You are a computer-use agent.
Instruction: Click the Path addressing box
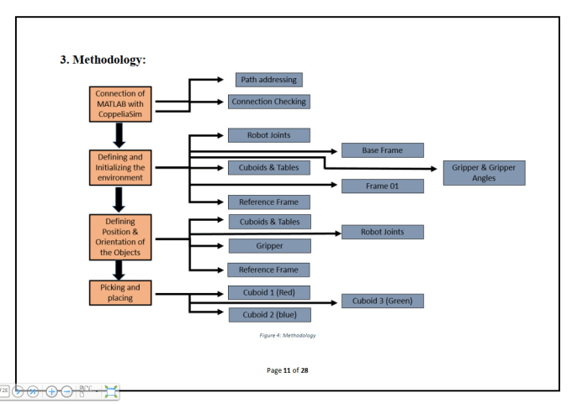[x=268, y=80]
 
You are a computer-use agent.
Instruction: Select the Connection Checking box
[x=268, y=102]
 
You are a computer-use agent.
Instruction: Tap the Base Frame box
[x=382, y=150]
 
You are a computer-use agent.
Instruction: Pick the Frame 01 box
[x=382, y=186]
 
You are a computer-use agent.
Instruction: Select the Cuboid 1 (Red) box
[x=268, y=292]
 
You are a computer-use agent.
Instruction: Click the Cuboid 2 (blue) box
[x=268, y=314]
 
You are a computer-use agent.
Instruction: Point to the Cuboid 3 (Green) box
[x=382, y=301]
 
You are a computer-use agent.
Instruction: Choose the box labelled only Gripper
[x=268, y=246]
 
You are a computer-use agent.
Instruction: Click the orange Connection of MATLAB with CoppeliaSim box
[x=119, y=104]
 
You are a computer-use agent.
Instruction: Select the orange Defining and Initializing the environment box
[x=119, y=166]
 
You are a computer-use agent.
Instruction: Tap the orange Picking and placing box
[x=119, y=292]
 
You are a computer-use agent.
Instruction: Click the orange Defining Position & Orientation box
[x=119, y=236]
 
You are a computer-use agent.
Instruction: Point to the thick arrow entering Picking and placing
[x=119, y=270]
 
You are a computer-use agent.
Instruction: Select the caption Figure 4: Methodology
[x=287, y=335]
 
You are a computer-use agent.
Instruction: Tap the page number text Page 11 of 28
[x=287, y=370]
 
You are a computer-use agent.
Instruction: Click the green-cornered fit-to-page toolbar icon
[x=110, y=391]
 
